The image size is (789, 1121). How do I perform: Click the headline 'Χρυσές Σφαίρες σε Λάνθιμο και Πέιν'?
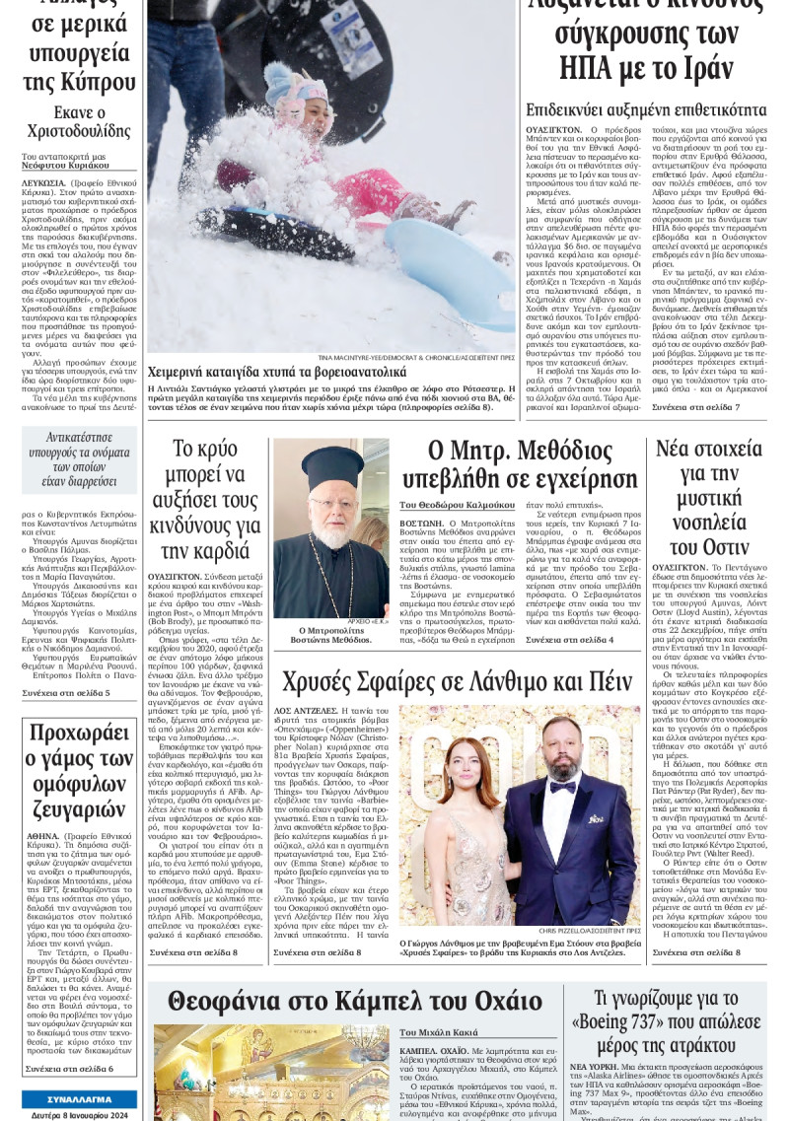(457, 681)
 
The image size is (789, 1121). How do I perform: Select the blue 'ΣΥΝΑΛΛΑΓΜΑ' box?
(79, 1099)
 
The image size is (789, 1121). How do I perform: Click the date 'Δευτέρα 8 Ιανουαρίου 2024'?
(79, 1114)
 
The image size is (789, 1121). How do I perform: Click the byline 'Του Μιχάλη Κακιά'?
(439, 1032)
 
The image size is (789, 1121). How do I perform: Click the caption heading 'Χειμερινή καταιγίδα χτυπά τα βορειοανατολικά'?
(276, 373)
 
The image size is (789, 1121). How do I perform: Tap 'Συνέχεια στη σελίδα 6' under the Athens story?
(69, 1068)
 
